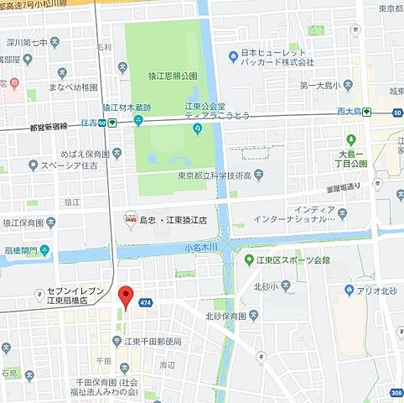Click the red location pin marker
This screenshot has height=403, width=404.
(126, 296)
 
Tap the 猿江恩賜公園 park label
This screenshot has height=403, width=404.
(168, 76)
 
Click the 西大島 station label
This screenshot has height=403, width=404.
(349, 111)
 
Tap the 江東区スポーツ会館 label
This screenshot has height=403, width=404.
(298, 260)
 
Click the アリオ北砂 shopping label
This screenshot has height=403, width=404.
(377, 290)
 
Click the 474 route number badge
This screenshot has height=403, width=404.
(144, 303)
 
